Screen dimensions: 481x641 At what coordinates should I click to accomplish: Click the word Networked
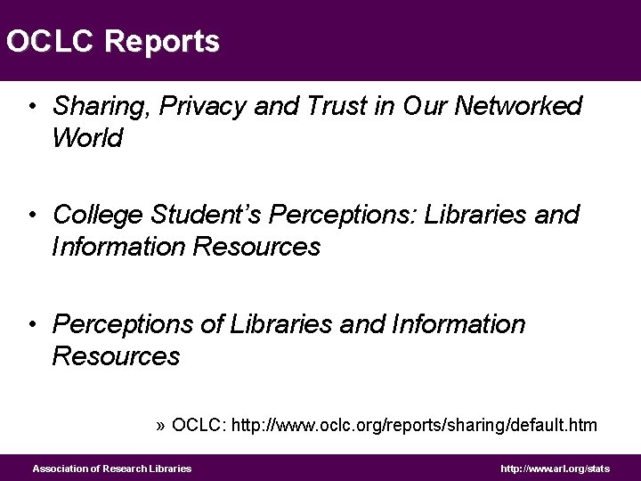coord(518,107)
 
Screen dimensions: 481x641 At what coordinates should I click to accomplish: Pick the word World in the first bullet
coord(87,139)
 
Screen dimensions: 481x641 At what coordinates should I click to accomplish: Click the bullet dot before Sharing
coord(31,108)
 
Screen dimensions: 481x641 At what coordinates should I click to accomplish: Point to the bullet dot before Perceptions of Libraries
coord(31,325)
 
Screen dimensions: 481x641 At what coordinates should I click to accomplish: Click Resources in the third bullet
coord(116,356)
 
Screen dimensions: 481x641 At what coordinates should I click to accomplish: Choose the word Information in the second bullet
coord(118,247)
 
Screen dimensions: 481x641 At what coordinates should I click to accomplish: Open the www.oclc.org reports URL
coord(414,426)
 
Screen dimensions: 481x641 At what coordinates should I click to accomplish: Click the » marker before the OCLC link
coord(160,426)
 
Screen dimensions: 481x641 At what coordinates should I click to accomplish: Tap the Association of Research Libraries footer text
coord(112,469)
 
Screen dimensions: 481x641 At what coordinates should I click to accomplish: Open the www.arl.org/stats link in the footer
coord(555,469)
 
